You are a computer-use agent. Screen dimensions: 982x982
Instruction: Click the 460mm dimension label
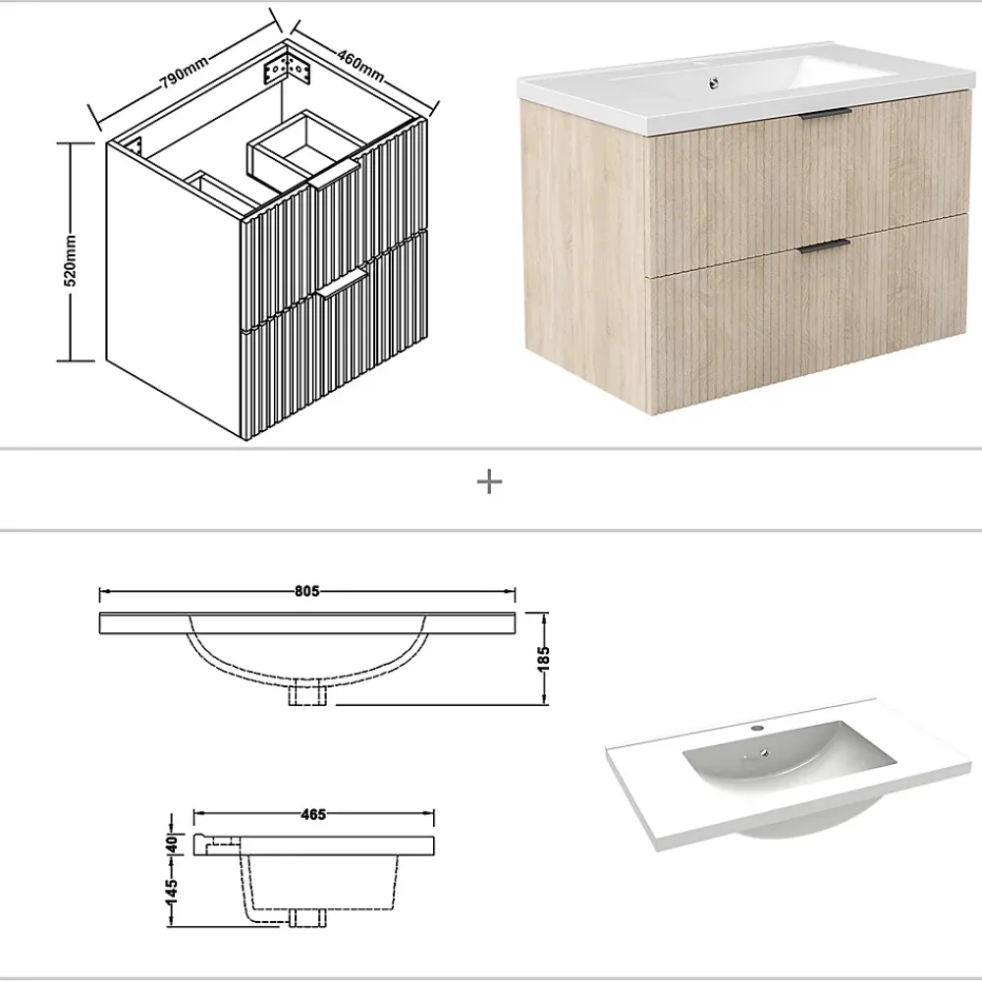pos(360,65)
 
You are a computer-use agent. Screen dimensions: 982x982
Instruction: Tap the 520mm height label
pos(71,260)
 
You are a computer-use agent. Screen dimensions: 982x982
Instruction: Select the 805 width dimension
pos(306,591)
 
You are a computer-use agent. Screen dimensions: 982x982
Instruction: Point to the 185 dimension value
pos(543,658)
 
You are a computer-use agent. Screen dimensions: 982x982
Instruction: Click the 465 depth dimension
pos(313,814)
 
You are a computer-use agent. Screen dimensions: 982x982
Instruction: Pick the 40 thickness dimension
pos(172,845)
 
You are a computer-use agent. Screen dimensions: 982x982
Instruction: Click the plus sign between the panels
pos(490,482)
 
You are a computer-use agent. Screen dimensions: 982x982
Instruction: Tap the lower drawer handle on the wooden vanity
pos(824,245)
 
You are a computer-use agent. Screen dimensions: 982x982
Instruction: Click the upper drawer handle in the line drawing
pos(335,174)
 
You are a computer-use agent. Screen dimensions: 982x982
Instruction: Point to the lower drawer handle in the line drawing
pos(342,283)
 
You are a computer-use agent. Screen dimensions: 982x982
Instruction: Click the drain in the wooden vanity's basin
pos(713,82)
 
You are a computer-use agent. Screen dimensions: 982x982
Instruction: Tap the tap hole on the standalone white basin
pos(756,729)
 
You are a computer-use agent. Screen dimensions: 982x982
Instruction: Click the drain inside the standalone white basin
pos(765,752)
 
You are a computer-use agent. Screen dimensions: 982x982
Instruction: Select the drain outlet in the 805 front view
pos(307,694)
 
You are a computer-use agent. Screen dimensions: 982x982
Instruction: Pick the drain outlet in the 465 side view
pos(306,917)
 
